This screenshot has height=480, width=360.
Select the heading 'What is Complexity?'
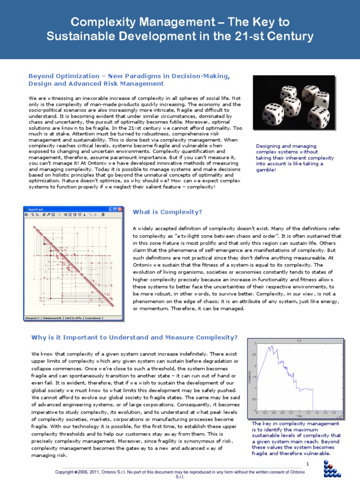pyautogui.click(x=167, y=212)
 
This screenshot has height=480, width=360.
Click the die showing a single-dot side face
pyautogui.click(x=321, y=99)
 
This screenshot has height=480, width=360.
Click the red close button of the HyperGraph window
pyautogui.click(x=120, y=209)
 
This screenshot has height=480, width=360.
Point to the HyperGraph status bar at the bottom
pyautogui.click(x=73, y=318)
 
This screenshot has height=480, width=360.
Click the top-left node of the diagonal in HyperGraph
pyautogui.click(x=34, y=228)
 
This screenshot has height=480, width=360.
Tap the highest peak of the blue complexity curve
pyautogui.click(x=273, y=346)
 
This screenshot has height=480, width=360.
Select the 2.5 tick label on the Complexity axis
pyautogui.click(x=255, y=355)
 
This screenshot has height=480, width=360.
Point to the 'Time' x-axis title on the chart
pyautogui.click(x=299, y=416)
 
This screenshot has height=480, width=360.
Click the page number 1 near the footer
pyautogui.click(x=308, y=464)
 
